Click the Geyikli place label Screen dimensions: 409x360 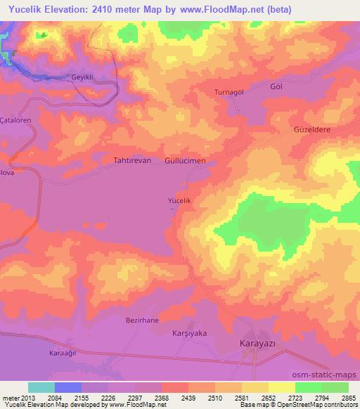coord(87,77)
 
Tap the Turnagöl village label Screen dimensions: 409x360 coord(229,93)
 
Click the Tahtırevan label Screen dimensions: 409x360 coord(132,160)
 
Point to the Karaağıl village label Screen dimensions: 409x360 coord(63,352)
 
